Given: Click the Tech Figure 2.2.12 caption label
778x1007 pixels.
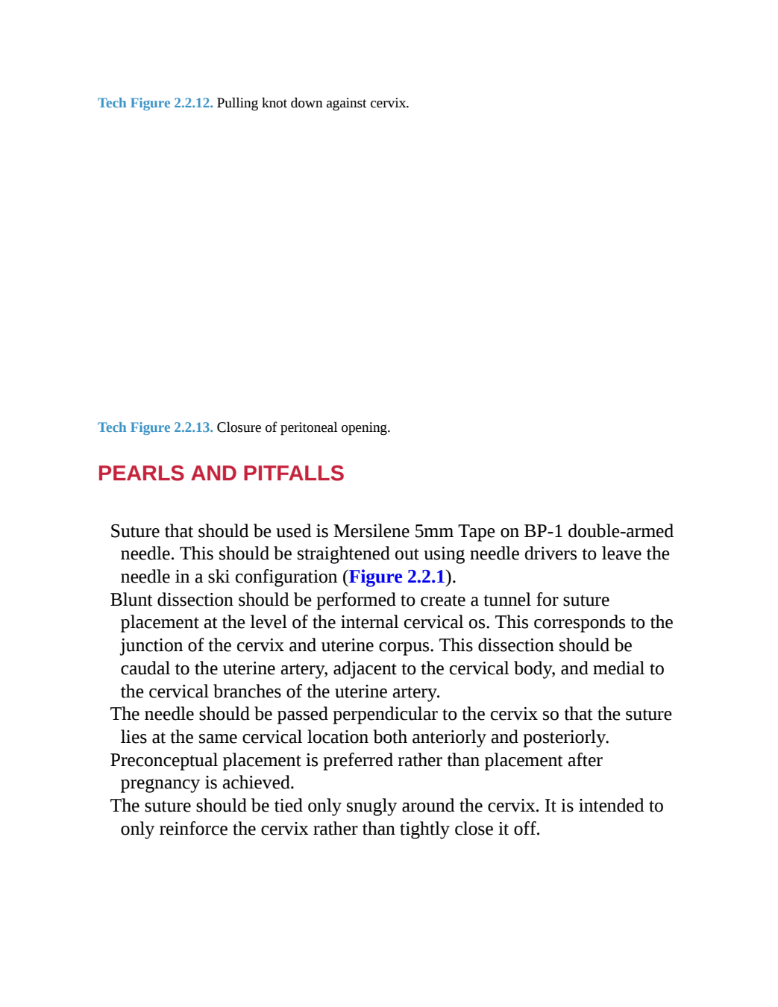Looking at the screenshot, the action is (155, 103).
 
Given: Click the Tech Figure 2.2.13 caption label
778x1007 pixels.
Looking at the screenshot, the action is (155, 427).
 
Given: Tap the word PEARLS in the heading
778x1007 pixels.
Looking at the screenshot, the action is (141, 473).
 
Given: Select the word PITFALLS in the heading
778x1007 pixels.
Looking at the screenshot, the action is (293, 473).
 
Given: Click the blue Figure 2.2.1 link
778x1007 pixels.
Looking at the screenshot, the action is (397, 577).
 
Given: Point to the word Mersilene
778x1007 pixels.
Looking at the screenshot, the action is (371, 531).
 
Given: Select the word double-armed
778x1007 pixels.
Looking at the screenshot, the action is (621, 531).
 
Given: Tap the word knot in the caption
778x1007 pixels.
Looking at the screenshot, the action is (275, 103).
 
